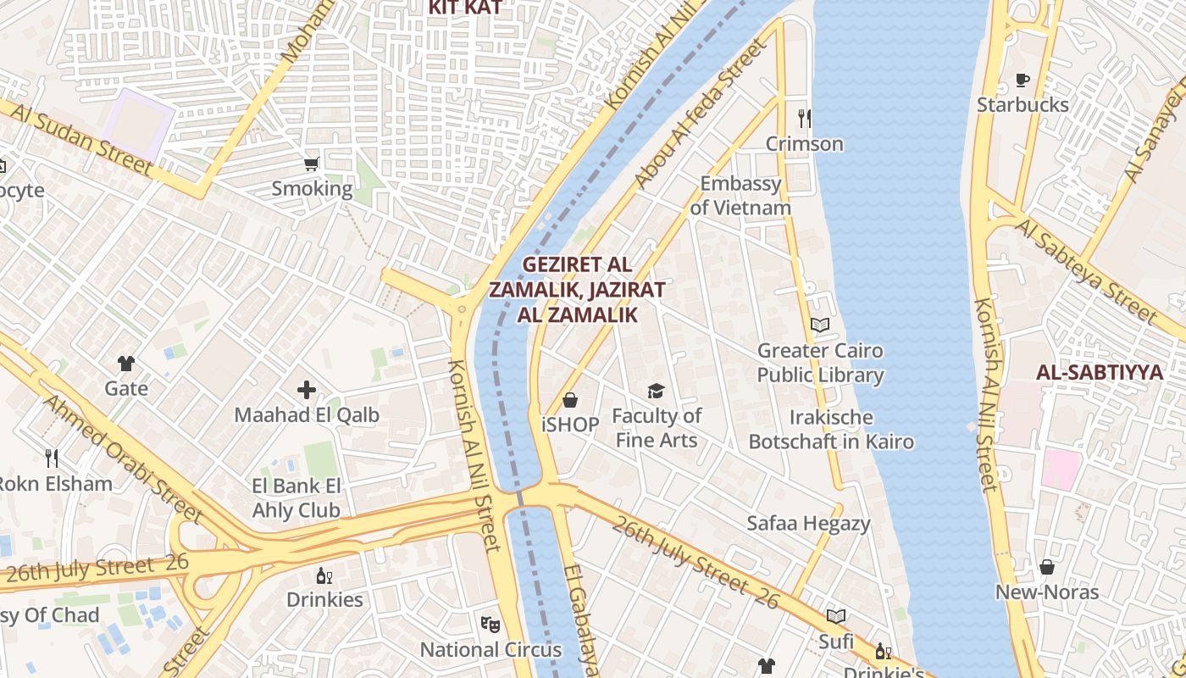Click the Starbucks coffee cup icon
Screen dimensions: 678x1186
1023,81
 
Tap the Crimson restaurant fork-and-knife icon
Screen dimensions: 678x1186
804,119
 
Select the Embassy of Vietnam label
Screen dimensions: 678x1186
740,196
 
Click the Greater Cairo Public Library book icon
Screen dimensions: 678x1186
820,325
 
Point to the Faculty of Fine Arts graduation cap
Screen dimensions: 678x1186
656,391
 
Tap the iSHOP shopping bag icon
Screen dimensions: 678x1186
570,399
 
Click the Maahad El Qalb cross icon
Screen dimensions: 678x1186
307,390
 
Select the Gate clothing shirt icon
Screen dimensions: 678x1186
126,364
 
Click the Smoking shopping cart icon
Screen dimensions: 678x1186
312,164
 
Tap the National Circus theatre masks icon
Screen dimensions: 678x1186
490,625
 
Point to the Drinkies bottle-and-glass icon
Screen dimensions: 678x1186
324,575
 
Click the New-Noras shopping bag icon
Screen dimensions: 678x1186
1047,567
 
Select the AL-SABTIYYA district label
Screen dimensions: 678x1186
1099,372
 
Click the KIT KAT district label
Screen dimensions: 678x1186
465,8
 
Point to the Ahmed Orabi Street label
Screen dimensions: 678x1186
123,458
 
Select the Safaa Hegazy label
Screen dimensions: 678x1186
808,524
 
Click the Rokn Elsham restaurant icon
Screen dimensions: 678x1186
52,458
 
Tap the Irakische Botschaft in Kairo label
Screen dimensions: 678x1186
831,430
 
